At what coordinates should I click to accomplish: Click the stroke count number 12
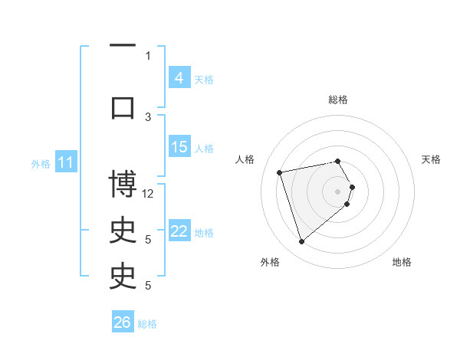[149, 194]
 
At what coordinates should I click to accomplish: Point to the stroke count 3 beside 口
[149, 116]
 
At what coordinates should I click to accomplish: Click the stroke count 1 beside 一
[148, 55]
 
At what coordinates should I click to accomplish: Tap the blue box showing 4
[179, 77]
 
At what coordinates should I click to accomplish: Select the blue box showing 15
[179, 147]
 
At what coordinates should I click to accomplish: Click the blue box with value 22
[179, 231]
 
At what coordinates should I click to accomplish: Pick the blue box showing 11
[66, 162]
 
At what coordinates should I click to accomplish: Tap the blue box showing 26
[123, 322]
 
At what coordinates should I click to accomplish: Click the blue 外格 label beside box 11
[41, 163]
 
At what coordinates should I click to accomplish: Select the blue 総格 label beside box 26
[147, 324]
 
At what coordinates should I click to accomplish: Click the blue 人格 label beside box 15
[204, 148]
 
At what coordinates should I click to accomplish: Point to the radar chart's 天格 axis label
[431, 159]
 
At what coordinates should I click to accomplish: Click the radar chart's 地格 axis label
[402, 262]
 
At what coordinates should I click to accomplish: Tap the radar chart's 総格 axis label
[338, 100]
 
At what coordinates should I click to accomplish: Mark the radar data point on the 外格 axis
[301, 242]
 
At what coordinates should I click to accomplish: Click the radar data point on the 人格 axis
[280, 172]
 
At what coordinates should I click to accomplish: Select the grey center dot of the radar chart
[338, 191]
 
